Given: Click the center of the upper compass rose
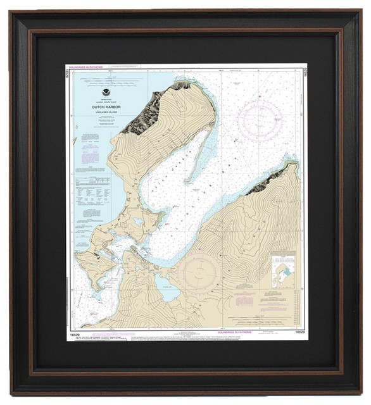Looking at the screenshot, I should coord(260,120).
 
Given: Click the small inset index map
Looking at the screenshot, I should coord(282,272).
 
